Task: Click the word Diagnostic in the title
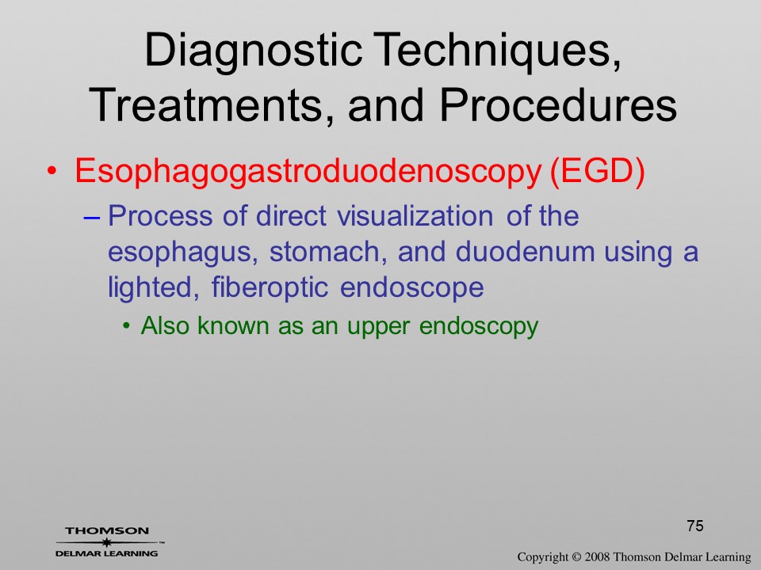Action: tap(254, 51)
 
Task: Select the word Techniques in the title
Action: tap(498, 51)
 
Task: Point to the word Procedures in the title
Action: tap(558, 105)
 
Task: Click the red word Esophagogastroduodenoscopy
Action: tap(308, 172)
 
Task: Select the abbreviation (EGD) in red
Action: tap(597, 171)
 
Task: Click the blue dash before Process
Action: tap(91, 218)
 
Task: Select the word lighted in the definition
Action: tap(153, 288)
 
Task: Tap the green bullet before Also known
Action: tap(127, 326)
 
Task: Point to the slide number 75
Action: tap(695, 526)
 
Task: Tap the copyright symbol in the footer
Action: tap(576, 557)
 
